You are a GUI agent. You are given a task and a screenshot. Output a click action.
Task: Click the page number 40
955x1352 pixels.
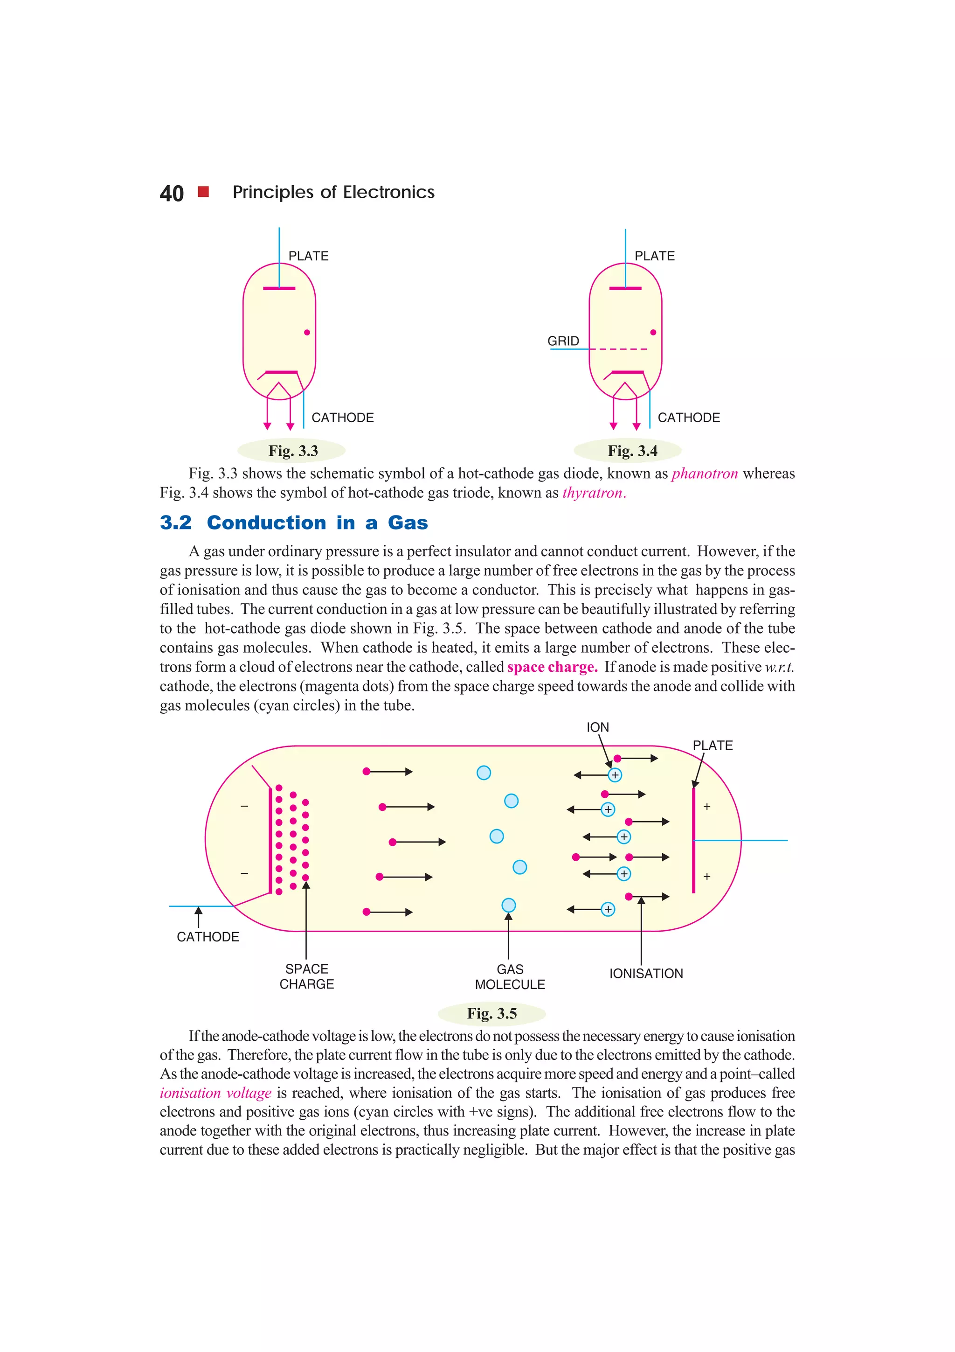coord(171,193)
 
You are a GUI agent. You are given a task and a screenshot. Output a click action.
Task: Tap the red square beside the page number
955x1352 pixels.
coord(204,191)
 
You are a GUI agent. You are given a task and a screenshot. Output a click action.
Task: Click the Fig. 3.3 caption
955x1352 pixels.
coord(292,451)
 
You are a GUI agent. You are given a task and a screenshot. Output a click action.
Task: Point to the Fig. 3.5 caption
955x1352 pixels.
coord(491,1013)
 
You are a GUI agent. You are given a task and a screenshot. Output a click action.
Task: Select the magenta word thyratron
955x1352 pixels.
coord(593,493)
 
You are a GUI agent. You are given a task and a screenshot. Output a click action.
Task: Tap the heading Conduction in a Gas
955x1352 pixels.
coord(317,523)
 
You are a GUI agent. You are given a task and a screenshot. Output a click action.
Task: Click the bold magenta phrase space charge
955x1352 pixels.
coord(552,667)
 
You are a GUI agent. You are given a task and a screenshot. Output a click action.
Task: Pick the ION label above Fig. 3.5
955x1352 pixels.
coord(597,727)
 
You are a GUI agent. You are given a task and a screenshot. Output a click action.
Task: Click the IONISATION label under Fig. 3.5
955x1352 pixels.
coord(645,973)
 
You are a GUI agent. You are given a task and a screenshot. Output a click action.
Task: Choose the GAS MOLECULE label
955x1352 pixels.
coord(510,977)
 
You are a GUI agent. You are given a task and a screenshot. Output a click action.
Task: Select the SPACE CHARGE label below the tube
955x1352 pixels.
coord(306,976)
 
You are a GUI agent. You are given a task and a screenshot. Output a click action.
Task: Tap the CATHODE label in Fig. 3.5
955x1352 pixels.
coord(208,937)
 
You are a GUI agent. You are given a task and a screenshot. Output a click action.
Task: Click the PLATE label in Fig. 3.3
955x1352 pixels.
coord(308,256)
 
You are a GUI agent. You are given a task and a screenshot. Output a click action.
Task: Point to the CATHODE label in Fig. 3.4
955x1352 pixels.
coord(688,418)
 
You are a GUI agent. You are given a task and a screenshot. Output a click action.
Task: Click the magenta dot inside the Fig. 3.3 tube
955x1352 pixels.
coord(306,333)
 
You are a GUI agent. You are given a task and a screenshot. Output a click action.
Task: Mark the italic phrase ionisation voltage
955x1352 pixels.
coord(215,1093)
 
